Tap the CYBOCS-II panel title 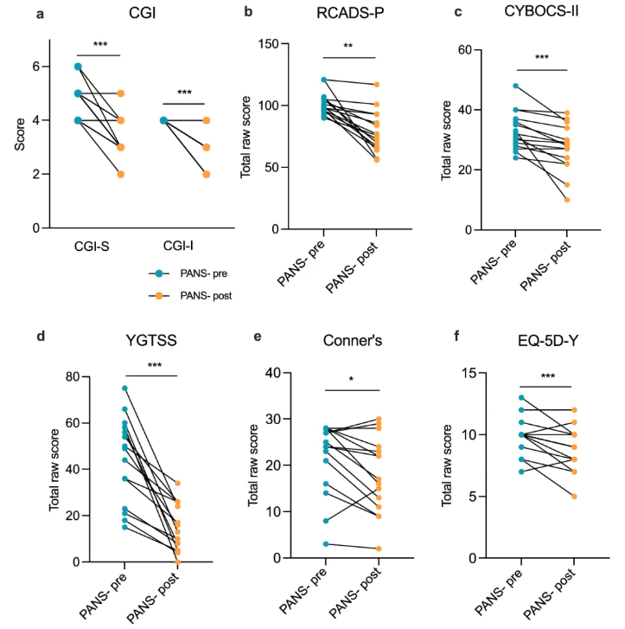pyautogui.click(x=540, y=14)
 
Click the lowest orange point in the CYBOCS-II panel pyautogui.click(x=565, y=200)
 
